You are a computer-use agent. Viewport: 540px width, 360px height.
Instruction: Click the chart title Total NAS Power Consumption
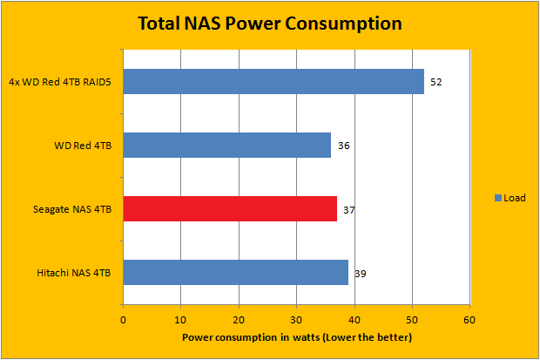270,22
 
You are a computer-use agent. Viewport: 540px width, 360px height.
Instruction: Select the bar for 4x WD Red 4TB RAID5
273,81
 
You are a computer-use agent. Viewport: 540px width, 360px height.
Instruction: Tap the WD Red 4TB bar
226,145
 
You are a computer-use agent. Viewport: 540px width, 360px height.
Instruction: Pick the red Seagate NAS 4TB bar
230,209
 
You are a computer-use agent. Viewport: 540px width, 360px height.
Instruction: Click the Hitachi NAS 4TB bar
235,273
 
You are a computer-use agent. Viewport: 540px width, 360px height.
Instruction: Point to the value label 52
435,81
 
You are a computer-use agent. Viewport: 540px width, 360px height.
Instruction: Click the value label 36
343,146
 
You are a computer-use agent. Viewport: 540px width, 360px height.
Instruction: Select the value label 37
348,210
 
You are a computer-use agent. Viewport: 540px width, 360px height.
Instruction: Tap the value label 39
360,274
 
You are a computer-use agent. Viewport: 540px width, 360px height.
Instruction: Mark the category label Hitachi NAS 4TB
76,273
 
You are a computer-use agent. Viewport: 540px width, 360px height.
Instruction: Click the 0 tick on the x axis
123,318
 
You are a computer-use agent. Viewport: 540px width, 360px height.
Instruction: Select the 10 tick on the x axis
180,318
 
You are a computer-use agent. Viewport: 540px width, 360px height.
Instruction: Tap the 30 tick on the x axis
296,318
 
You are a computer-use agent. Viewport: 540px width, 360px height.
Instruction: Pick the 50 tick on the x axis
412,318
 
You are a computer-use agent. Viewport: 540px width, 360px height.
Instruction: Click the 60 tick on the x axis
469,318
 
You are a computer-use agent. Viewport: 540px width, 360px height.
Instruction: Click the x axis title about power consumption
296,336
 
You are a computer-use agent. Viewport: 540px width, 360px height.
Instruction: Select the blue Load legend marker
497,198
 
